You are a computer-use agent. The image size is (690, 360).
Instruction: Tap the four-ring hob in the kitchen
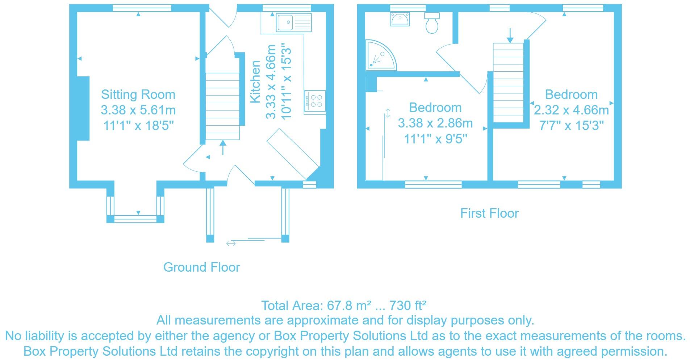(x=315, y=101)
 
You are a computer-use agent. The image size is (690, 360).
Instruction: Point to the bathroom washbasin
(x=400, y=18)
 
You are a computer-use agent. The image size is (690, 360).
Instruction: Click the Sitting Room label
(x=138, y=95)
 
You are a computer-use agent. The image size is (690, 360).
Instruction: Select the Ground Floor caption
(x=201, y=267)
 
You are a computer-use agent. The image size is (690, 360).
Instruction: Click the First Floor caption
(x=489, y=213)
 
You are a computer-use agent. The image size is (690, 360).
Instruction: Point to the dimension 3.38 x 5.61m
(x=138, y=110)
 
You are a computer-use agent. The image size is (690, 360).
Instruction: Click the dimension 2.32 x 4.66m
(x=571, y=110)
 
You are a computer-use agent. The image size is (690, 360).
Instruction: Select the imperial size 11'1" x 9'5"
(x=435, y=139)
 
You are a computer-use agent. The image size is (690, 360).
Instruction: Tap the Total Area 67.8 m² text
(x=343, y=306)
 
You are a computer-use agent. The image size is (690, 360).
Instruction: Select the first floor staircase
(x=509, y=82)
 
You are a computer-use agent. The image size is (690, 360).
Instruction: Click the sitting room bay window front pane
(x=135, y=219)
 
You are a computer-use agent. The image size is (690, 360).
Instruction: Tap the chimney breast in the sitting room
(x=83, y=108)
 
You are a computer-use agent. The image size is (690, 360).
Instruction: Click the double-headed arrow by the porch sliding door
(x=231, y=244)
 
